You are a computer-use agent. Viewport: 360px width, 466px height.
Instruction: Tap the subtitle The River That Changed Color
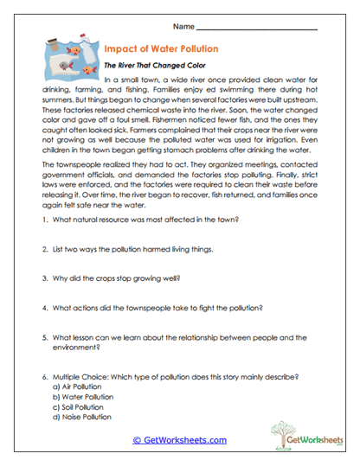coord(153,65)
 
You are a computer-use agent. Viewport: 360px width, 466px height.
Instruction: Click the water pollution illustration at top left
coord(67,57)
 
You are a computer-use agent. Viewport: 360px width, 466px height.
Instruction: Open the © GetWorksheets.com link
coord(180,439)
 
